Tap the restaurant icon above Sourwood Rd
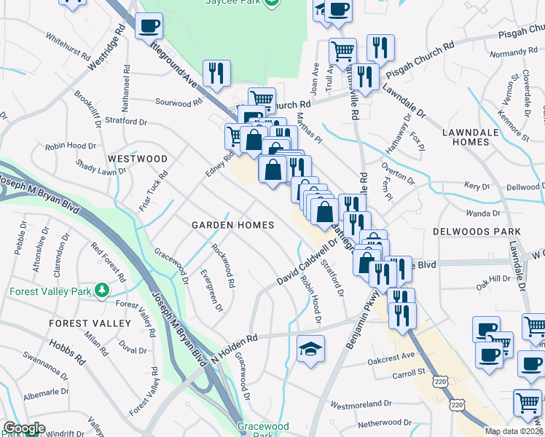[x=216, y=73]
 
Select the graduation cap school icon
[x=311, y=349]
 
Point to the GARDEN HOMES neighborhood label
[x=232, y=225]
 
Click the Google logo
[x=23, y=429]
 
